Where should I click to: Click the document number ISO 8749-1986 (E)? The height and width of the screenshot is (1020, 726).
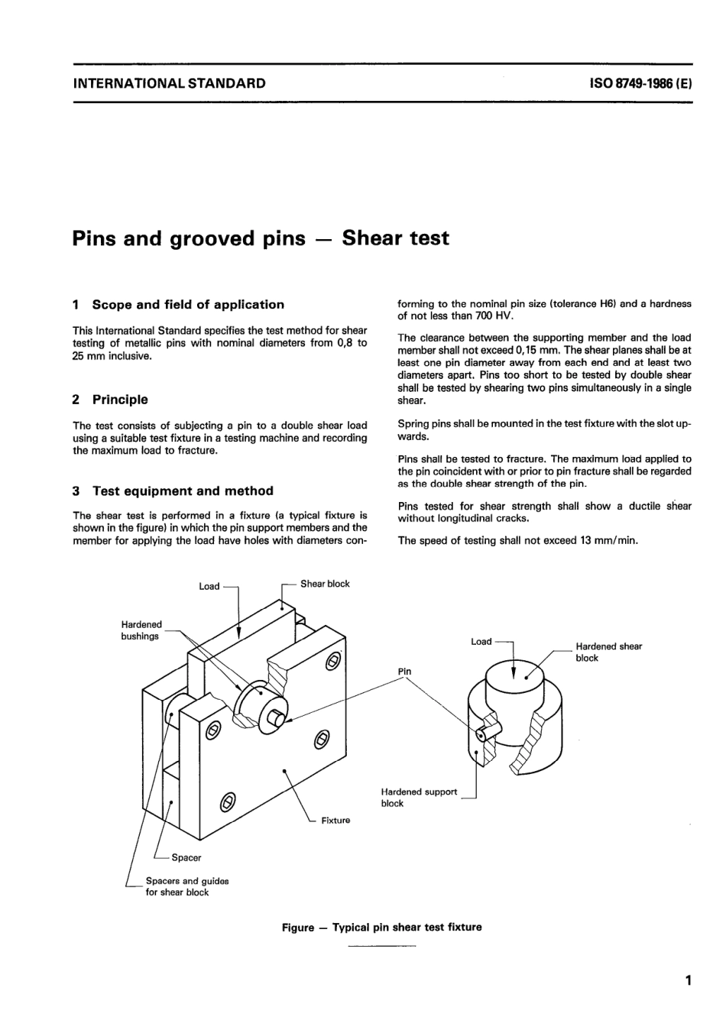pyautogui.click(x=640, y=84)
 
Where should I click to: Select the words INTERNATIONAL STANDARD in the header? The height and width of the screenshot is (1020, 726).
pyautogui.click(x=169, y=84)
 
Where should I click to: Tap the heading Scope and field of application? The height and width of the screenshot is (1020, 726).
pyautogui.click(x=187, y=304)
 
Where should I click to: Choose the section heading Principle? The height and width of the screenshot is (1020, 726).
pyautogui.click(x=120, y=400)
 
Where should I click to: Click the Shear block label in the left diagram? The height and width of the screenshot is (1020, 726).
pyautogui.click(x=325, y=584)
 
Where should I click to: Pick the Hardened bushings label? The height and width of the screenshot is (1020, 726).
pyautogui.click(x=141, y=630)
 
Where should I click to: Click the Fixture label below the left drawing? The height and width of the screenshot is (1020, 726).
pyautogui.click(x=335, y=821)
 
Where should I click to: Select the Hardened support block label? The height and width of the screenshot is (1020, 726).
pyautogui.click(x=418, y=798)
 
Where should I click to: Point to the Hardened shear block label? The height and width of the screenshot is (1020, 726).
pyautogui.click(x=608, y=652)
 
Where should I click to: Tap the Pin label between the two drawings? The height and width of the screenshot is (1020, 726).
pyautogui.click(x=404, y=672)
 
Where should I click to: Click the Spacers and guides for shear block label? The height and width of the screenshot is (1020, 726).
pyautogui.click(x=186, y=886)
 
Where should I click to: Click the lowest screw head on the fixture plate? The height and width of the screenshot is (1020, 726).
pyautogui.click(x=227, y=801)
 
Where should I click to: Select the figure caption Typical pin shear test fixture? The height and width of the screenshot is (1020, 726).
pyautogui.click(x=382, y=928)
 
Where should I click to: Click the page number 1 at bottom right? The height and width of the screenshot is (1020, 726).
pyautogui.click(x=688, y=980)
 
